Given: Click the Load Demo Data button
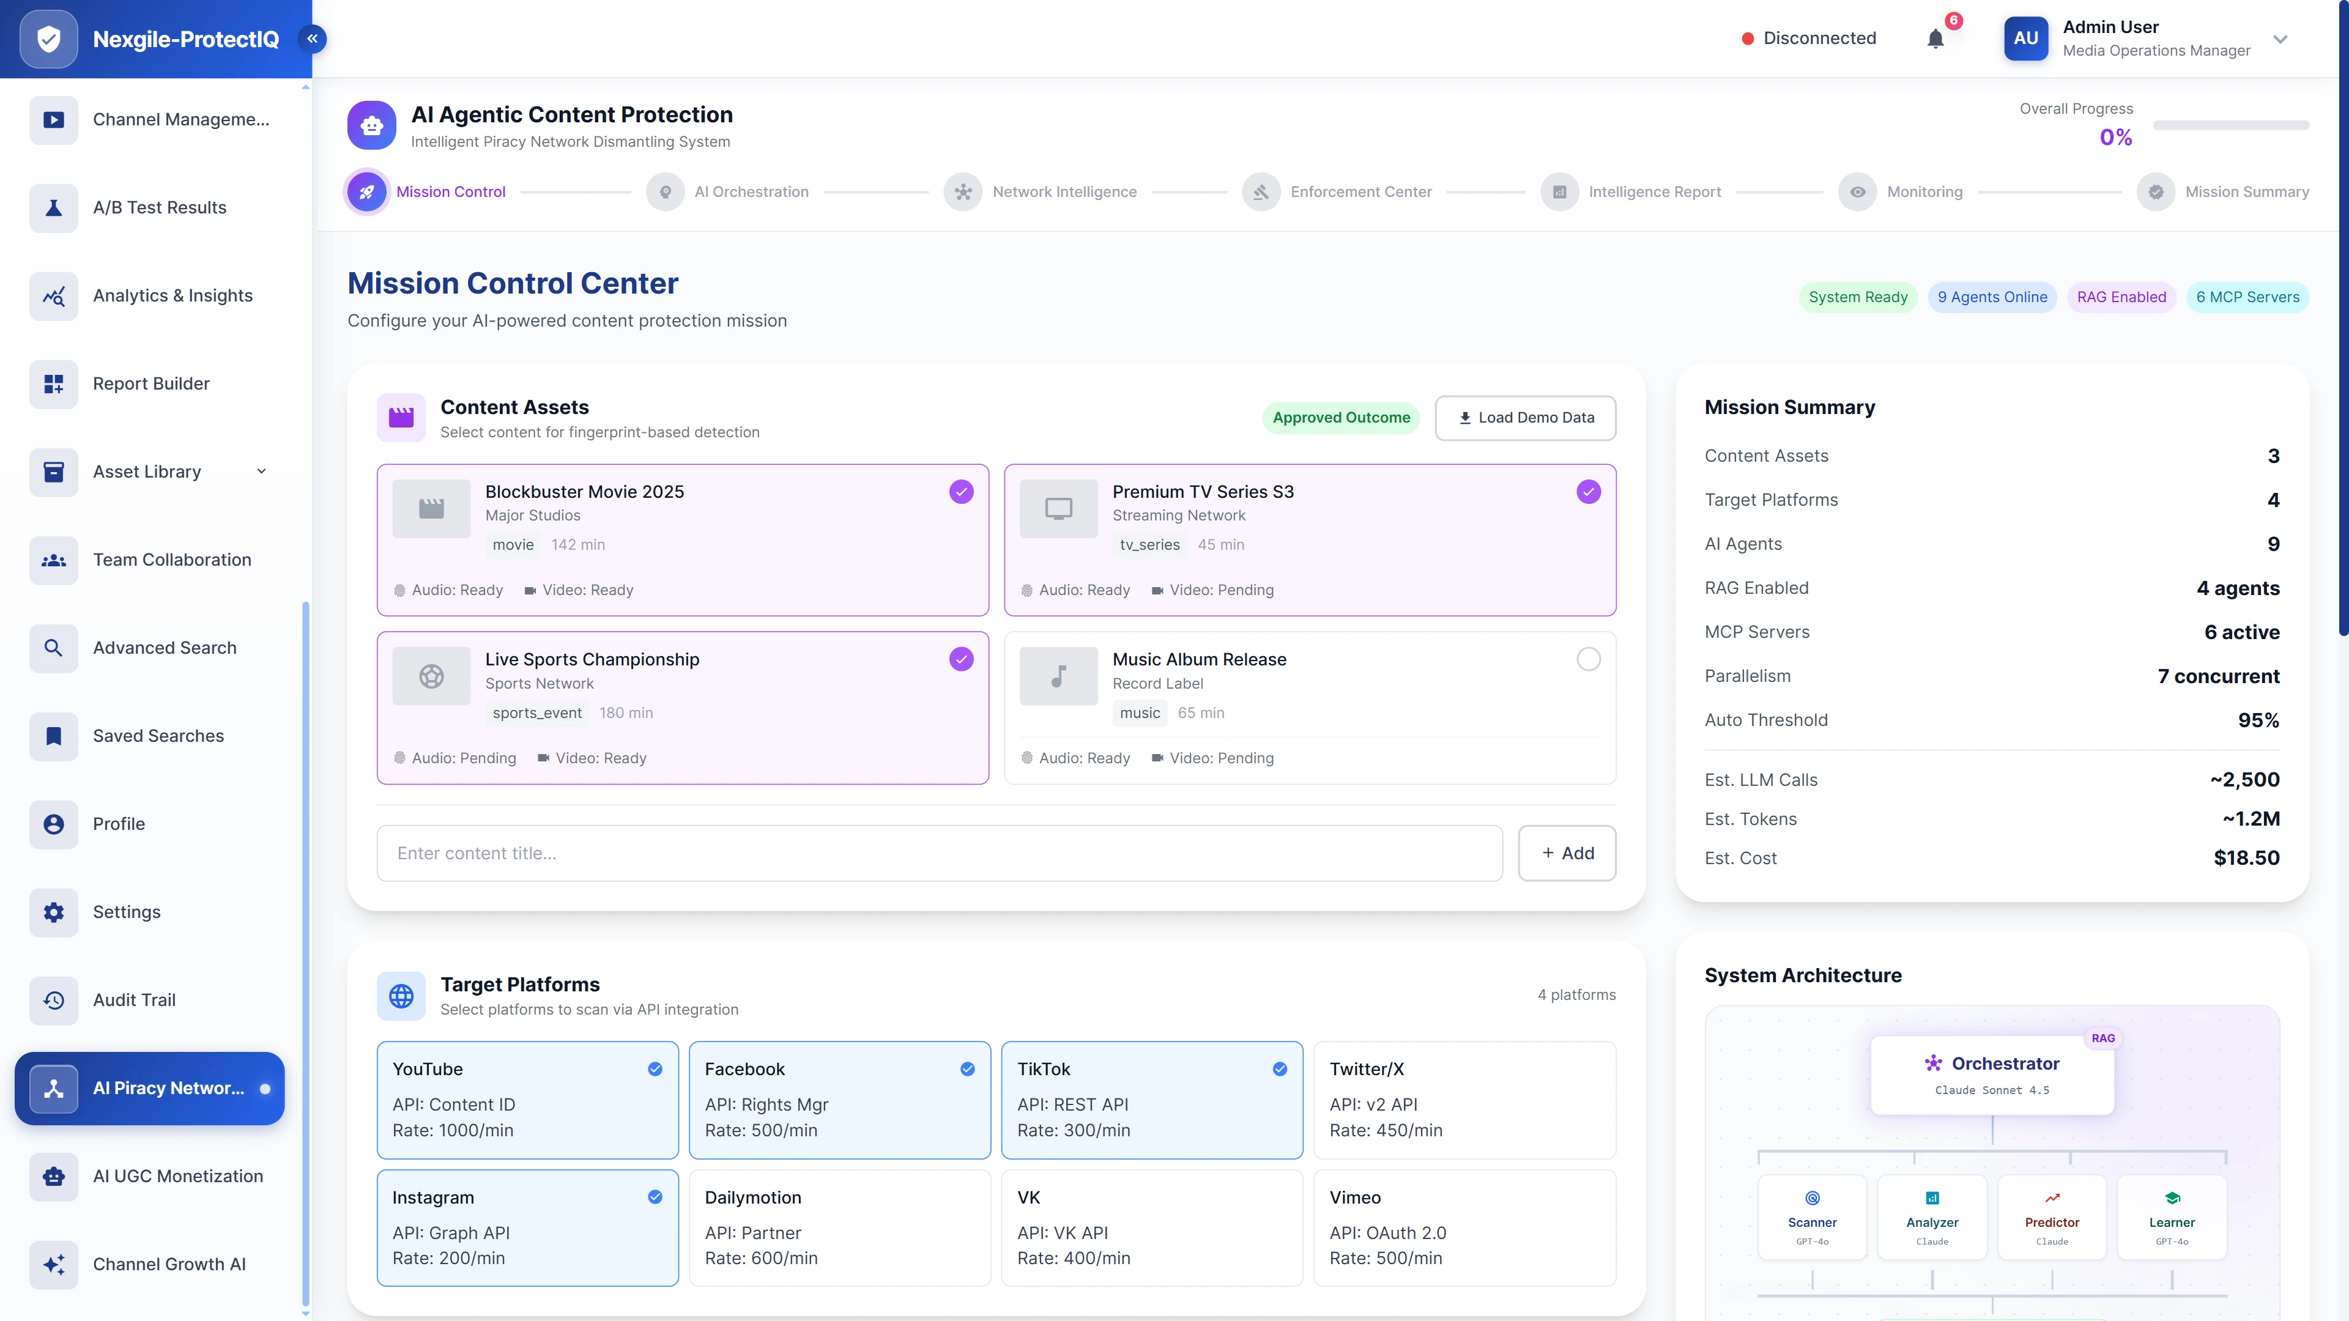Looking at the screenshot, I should pyautogui.click(x=1526, y=418).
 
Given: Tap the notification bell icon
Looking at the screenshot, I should pyautogui.click(x=1935, y=39).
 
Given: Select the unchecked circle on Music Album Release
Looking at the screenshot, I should pyautogui.click(x=1587, y=659).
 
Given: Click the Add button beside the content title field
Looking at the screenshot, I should pyautogui.click(x=1567, y=853).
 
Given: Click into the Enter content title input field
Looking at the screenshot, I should pyautogui.click(x=939, y=853).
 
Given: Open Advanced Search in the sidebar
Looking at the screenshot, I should pyautogui.click(x=164, y=647).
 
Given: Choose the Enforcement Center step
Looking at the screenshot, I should pyautogui.click(x=1360, y=191).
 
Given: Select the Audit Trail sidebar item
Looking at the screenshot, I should pyautogui.click(x=134, y=999).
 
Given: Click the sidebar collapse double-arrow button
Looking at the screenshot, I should pyautogui.click(x=312, y=39).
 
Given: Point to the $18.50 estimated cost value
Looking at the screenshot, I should pyautogui.click(x=2246, y=858).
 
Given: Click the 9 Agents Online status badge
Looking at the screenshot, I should pyautogui.click(x=1992, y=297).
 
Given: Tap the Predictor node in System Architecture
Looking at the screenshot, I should pyautogui.click(x=2052, y=1217).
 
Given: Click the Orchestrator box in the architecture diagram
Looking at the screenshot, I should pyautogui.click(x=1992, y=1074).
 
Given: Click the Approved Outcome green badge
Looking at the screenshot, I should pyautogui.click(x=1340, y=418).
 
